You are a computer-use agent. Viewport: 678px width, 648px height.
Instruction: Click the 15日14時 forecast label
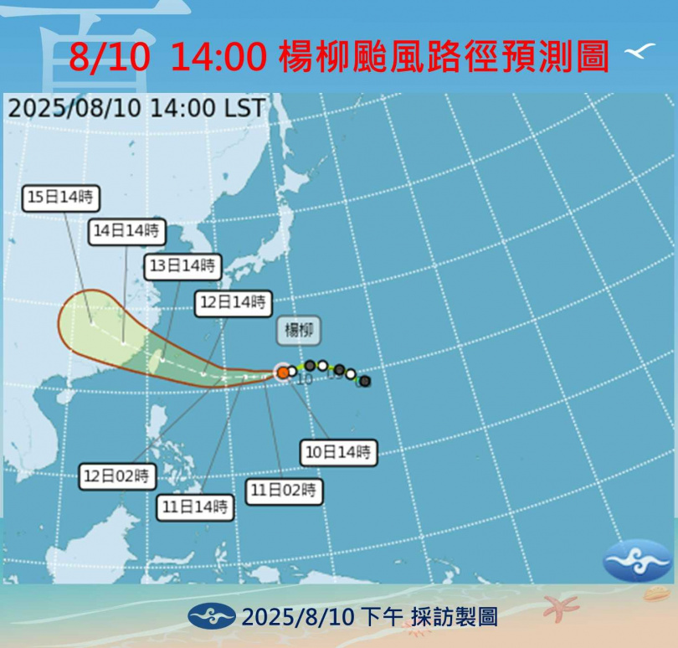tap(61, 198)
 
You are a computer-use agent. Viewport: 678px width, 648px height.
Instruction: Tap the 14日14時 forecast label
tap(126, 231)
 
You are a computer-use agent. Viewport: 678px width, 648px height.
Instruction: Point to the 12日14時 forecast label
tap(234, 302)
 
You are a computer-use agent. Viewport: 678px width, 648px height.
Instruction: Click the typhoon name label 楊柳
tap(299, 331)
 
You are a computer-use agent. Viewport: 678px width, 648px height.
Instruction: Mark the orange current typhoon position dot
tap(284, 372)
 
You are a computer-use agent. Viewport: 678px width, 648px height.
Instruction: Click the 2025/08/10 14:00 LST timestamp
tap(136, 108)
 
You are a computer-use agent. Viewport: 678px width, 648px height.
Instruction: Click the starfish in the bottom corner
tap(561, 606)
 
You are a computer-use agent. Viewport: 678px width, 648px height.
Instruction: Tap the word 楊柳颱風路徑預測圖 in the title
tap(444, 56)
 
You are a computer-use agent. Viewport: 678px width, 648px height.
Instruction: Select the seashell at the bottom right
tap(657, 594)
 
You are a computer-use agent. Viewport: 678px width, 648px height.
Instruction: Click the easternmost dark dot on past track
tap(365, 381)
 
